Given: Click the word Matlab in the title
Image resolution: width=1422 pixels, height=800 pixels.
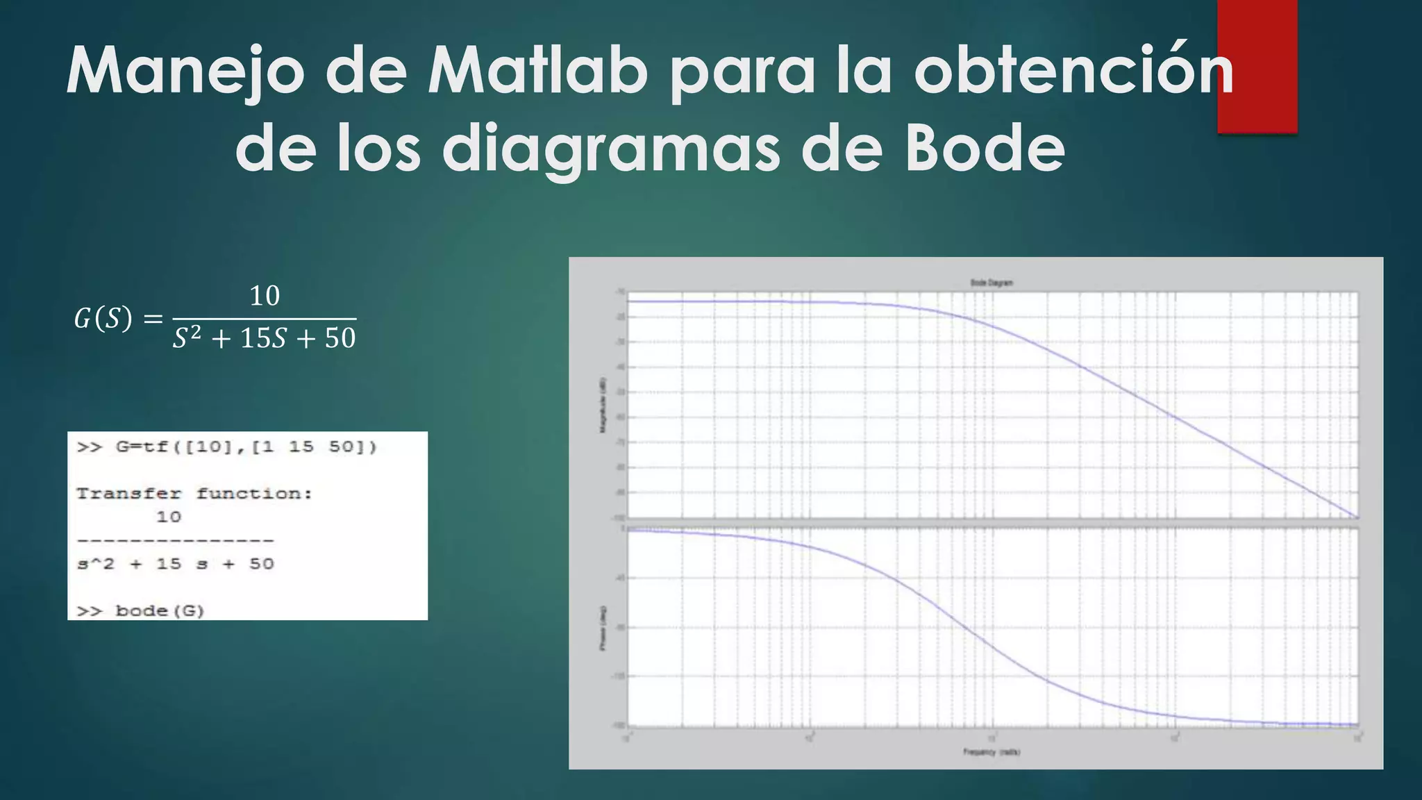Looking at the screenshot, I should click(x=538, y=71).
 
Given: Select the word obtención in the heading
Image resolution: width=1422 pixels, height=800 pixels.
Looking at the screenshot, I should click(x=1073, y=71).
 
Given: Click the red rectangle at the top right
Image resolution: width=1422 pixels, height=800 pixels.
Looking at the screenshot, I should click(x=1257, y=66).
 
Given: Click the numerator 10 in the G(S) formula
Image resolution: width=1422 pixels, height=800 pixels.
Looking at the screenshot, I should click(x=265, y=297).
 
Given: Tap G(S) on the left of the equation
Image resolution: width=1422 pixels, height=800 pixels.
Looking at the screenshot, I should click(x=103, y=319).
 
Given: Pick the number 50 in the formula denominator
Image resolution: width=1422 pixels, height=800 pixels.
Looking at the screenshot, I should click(x=340, y=338).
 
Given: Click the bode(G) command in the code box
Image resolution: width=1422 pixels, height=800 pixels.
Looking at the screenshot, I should click(x=160, y=611).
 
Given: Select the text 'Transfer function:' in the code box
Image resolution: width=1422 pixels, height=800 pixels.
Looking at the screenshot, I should click(x=194, y=494).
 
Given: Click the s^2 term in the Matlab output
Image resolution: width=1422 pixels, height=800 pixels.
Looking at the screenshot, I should click(x=96, y=564).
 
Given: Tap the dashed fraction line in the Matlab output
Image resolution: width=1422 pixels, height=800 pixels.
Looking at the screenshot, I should click(x=176, y=540).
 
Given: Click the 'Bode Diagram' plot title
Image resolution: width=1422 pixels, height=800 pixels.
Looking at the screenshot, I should click(x=992, y=283).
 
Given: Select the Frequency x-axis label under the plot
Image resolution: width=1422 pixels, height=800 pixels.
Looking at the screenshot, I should click(x=992, y=752).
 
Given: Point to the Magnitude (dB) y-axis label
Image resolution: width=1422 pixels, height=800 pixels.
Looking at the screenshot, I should click(x=603, y=406).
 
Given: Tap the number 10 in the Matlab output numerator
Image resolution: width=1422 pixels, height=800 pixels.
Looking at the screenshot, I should click(x=169, y=517).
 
